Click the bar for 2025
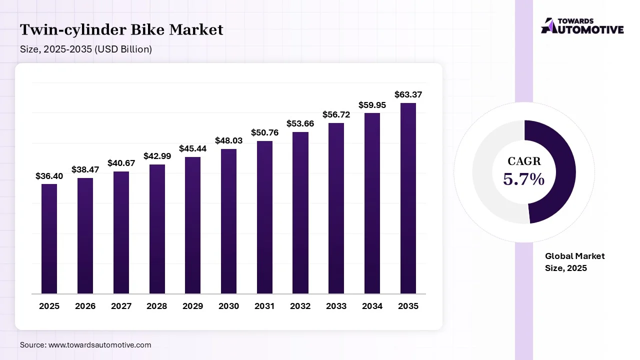pos(49,238)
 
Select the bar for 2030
pos(228,221)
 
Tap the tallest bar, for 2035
pos(408,198)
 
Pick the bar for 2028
pos(156,229)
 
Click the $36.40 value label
pos(49,176)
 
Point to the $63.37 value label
pos(408,94)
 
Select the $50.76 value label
pos(264,133)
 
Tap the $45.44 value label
pos(192,149)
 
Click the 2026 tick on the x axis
pos(85,306)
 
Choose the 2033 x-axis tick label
pos(336,306)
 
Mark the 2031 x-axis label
pos(264,306)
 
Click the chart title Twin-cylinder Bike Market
pos(121,30)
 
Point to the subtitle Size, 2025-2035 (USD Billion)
pos(86,49)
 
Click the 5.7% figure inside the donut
pos(524,179)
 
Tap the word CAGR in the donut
pos(524,161)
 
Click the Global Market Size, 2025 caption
pos(574,262)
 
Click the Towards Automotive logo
pos(582,26)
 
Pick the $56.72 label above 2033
pos(336,114)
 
